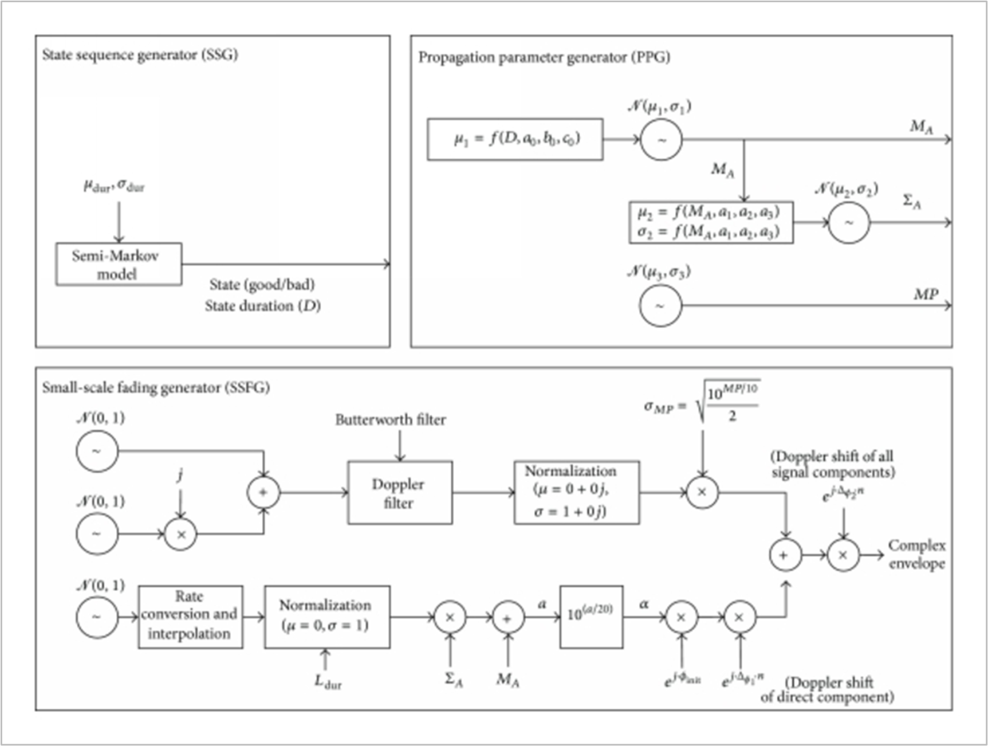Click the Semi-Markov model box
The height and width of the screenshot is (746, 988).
(118, 264)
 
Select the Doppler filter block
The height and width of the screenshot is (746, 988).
(399, 492)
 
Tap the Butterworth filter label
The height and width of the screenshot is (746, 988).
(390, 420)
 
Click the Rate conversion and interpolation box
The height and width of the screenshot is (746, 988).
(190, 616)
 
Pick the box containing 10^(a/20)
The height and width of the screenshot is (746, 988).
(591, 616)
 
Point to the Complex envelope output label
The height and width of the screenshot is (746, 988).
(916, 554)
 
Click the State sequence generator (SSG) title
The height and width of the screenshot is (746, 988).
(140, 55)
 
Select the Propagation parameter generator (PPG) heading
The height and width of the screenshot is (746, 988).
(544, 58)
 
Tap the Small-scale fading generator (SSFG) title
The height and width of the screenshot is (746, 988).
(156, 388)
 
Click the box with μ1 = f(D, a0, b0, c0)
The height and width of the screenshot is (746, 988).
(515, 139)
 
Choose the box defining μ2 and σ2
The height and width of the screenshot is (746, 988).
(710, 222)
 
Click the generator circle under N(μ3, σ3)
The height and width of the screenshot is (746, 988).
(660, 305)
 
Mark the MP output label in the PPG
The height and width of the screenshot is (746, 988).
(925, 294)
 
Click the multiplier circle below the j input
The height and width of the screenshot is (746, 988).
(180, 534)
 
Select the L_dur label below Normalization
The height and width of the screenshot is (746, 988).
(327, 681)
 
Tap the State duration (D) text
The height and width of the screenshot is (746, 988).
(262, 306)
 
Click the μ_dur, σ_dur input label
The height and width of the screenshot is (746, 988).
(114, 185)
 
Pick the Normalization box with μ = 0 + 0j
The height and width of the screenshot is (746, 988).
(576, 492)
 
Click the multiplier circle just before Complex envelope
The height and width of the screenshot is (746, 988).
(843, 555)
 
